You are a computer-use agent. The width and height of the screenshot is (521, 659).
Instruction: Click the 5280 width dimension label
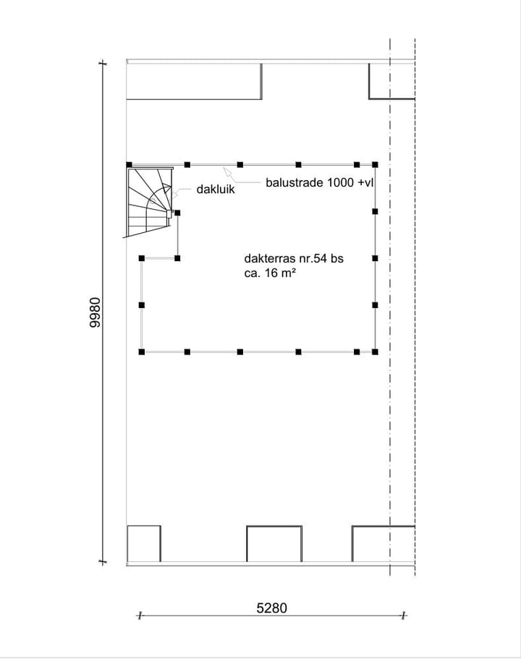pyautogui.click(x=271, y=608)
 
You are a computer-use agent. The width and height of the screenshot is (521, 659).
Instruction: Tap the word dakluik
pyautogui.click(x=216, y=190)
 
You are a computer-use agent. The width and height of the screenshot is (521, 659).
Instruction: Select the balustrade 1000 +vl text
pyautogui.click(x=319, y=184)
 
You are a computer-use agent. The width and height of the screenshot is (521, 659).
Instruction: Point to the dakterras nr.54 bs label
pyautogui.click(x=293, y=258)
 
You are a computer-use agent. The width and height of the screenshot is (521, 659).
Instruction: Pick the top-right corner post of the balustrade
pyautogui.click(x=374, y=165)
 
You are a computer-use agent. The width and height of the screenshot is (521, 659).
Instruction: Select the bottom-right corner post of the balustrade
pyautogui.click(x=375, y=352)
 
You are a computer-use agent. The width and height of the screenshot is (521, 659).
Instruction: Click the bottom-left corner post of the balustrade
pyautogui.click(x=142, y=352)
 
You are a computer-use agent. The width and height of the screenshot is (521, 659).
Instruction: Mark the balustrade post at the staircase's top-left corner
pyautogui.click(x=129, y=165)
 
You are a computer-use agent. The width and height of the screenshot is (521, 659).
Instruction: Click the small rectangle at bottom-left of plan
pyautogui.click(x=143, y=543)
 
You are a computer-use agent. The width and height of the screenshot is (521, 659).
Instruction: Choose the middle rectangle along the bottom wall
pyautogui.click(x=274, y=543)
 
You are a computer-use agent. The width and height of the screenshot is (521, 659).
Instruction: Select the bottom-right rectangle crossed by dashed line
pyautogui.click(x=383, y=543)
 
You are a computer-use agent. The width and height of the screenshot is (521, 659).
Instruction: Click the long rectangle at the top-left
pyautogui.click(x=194, y=81)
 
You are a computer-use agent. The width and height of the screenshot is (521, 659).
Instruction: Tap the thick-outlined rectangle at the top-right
pyautogui.click(x=391, y=80)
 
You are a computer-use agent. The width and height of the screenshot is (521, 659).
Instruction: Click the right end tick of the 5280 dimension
pyautogui.click(x=404, y=616)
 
